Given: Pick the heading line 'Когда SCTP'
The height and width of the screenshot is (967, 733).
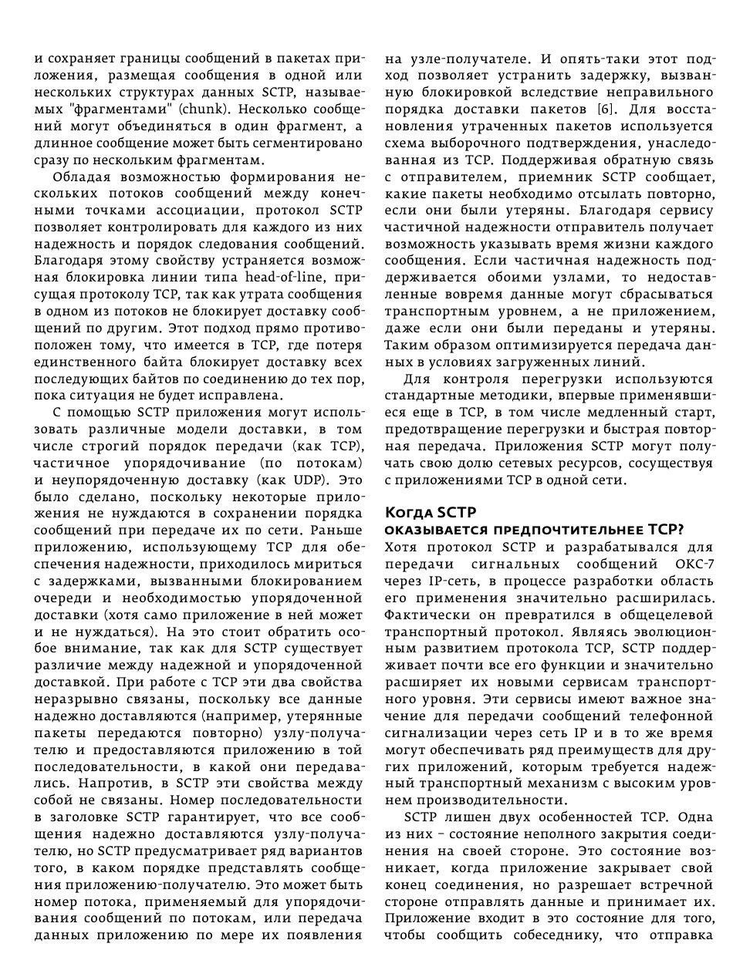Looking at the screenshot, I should pos(431,513).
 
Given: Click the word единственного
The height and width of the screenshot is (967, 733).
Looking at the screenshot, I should pos(85,362).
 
